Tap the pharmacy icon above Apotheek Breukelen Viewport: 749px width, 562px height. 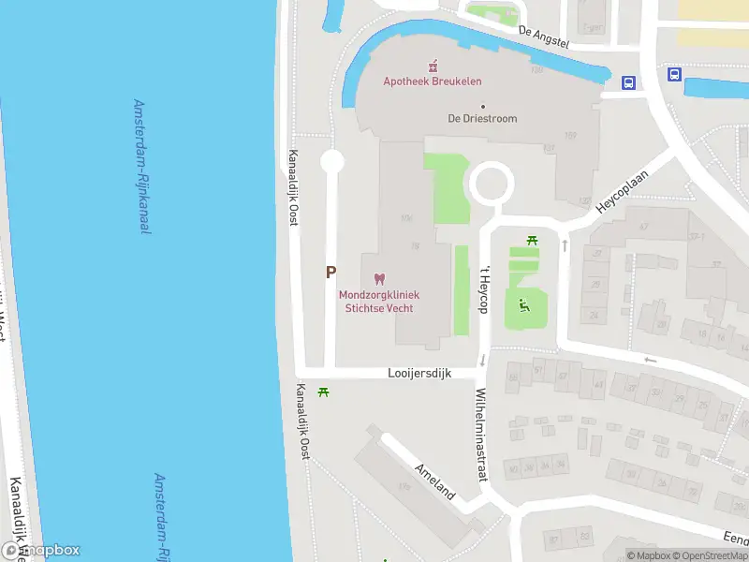pos(433,65)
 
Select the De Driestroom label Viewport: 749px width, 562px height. pos(482,119)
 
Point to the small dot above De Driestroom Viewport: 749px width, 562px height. pos(483,106)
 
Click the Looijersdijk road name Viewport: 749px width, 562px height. pos(419,373)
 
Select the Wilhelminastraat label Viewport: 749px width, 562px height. pos(481,434)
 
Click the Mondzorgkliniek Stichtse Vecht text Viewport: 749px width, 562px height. pos(378,301)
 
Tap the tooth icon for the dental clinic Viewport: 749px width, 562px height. pos(379,278)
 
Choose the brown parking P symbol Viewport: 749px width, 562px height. pos(330,273)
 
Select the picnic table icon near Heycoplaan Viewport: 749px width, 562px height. pos(533,242)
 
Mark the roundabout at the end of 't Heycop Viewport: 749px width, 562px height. pos(491,184)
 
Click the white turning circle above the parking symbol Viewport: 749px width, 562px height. pos(332,162)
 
